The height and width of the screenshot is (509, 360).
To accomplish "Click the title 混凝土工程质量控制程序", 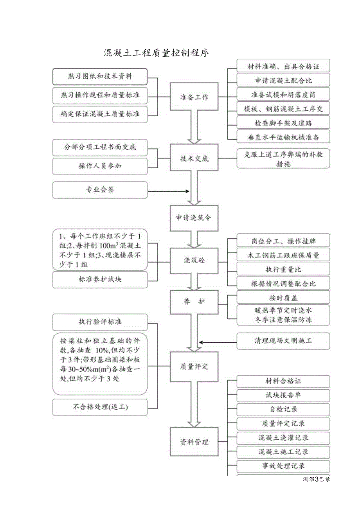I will (x=156, y=53).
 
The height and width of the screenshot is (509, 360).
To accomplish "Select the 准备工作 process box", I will (x=194, y=97).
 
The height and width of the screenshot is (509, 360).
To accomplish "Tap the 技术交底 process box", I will (x=194, y=158).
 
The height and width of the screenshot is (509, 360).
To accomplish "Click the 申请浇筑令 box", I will (x=194, y=218).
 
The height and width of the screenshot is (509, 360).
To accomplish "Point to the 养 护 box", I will (x=194, y=302).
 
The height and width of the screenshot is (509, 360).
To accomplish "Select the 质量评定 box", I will (x=194, y=367).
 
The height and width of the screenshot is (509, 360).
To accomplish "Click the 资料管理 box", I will (x=194, y=442).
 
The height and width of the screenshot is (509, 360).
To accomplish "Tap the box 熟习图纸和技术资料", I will (x=100, y=77).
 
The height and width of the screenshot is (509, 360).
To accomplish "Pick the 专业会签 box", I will (x=100, y=190).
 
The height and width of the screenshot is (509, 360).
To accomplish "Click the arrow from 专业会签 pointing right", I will (x=168, y=191).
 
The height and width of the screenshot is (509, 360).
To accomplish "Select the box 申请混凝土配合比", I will (x=283, y=81).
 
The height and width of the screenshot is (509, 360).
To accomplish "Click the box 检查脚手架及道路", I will (x=283, y=123).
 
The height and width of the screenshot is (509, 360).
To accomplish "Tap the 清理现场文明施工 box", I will (x=283, y=341).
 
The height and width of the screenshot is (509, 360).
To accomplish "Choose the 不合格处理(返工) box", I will (x=100, y=407).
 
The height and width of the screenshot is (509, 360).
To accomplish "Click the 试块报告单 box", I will (x=283, y=395).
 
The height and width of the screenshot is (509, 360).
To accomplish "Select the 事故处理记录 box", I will (x=283, y=466).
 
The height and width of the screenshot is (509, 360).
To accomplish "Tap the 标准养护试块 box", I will (x=100, y=280).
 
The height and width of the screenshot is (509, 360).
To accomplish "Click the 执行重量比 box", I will (x=283, y=269).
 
